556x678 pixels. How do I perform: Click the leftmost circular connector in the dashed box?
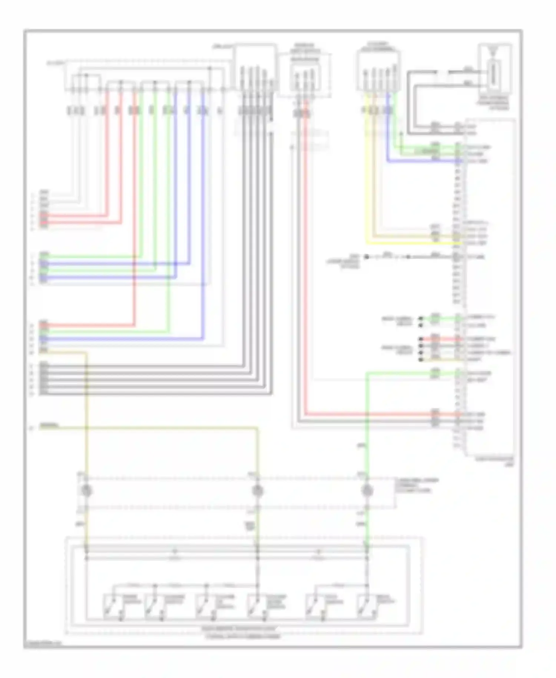tap(86, 491)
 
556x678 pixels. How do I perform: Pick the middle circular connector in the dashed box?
tap(258, 491)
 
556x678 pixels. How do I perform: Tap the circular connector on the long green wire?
tap(367, 491)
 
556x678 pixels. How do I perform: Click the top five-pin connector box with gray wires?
tap(255, 67)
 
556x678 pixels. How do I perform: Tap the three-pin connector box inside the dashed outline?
tap(305, 76)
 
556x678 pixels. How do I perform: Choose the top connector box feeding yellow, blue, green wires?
tap(378, 70)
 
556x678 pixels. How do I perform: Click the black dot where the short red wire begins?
tap(421, 339)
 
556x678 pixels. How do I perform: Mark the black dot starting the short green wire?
tap(421, 318)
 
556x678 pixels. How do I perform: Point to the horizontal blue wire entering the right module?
tap(423, 161)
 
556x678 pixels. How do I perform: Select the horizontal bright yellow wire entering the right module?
tap(408, 243)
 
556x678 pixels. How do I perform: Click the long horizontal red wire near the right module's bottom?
tap(371, 414)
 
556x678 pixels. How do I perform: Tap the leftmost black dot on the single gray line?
tap(366, 257)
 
